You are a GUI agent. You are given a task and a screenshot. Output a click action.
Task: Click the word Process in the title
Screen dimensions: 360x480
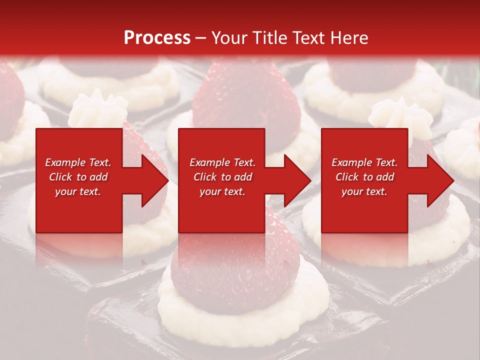click(157, 38)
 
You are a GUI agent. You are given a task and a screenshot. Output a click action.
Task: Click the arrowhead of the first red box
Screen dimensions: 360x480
click(152, 180)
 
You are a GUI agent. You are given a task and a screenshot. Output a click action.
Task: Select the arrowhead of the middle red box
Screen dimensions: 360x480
click(295, 180)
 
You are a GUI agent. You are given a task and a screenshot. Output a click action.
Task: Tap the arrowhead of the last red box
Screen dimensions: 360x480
click(438, 180)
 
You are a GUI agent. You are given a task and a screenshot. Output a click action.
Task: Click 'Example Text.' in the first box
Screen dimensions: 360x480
click(78, 162)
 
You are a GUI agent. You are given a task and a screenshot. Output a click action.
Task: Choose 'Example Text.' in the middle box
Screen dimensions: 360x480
click(222, 162)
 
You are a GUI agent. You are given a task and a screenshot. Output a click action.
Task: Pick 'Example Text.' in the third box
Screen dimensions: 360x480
click(364, 162)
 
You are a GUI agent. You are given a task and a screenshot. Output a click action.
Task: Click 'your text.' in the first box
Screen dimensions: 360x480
click(78, 191)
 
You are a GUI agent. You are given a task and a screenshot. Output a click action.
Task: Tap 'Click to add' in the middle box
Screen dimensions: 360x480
click(222, 177)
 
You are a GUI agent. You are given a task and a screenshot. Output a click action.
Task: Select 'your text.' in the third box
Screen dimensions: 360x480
click(364, 191)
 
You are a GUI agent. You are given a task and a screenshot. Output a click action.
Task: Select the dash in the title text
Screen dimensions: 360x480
click(201, 38)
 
